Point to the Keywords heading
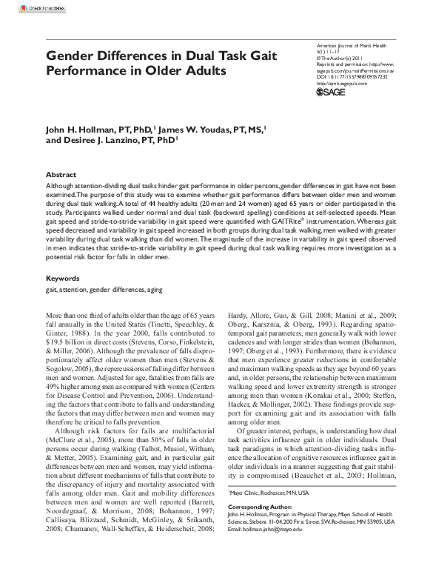[62, 278]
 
